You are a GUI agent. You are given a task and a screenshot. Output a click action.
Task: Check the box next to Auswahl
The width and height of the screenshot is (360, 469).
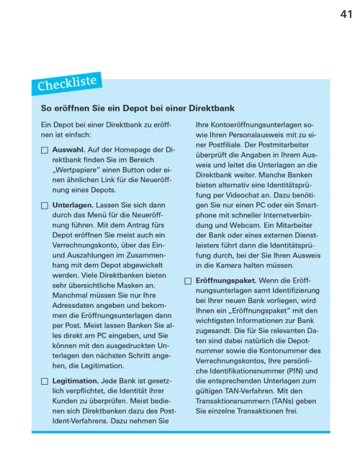[45, 150]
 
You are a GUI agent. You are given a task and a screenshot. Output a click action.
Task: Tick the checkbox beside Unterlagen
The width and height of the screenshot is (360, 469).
[45, 206]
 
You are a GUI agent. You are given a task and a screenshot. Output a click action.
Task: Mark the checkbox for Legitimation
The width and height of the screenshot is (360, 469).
[45, 381]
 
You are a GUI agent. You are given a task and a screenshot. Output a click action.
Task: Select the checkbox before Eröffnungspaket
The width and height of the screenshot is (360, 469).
[189, 280]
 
